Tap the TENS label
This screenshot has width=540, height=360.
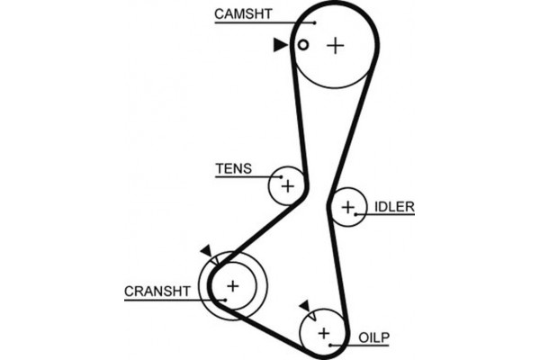[233, 168]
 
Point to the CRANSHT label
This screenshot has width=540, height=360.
[157, 291]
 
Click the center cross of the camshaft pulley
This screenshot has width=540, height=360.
[335, 45]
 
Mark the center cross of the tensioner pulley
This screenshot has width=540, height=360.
[287, 186]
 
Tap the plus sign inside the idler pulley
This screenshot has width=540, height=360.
[348, 208]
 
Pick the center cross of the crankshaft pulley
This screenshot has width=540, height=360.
[232, 286]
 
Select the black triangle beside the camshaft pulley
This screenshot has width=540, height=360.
[281, 44]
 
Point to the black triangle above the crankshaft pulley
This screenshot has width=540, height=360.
[206, 251]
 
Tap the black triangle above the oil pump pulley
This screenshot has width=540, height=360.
[304, 306]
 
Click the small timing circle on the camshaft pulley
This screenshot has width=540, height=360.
[303, 45]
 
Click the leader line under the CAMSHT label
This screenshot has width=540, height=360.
[261, 22]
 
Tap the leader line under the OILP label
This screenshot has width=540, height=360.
[364, 345]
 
